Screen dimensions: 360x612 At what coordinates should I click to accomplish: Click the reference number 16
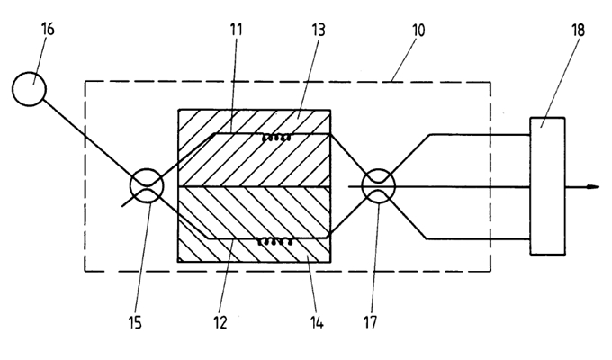(48, 29)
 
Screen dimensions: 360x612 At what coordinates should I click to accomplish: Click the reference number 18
(576, 31)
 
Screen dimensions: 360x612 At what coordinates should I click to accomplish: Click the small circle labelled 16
(30, 87)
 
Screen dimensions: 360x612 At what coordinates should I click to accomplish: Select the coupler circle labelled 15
(147, 186)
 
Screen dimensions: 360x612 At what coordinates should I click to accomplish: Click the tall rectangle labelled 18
(547, 185)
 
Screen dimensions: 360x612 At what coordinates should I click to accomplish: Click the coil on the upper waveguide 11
(275, 137)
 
